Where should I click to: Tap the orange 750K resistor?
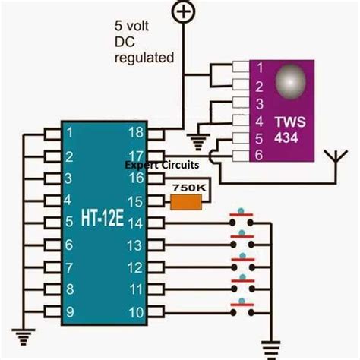point(185,201)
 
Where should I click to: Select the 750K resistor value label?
point(186,186)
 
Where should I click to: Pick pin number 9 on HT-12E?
point(70,311)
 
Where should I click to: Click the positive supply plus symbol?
point(184,11)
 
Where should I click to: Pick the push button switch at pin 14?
point(242,222)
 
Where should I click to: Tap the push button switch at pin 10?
point(242,308)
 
